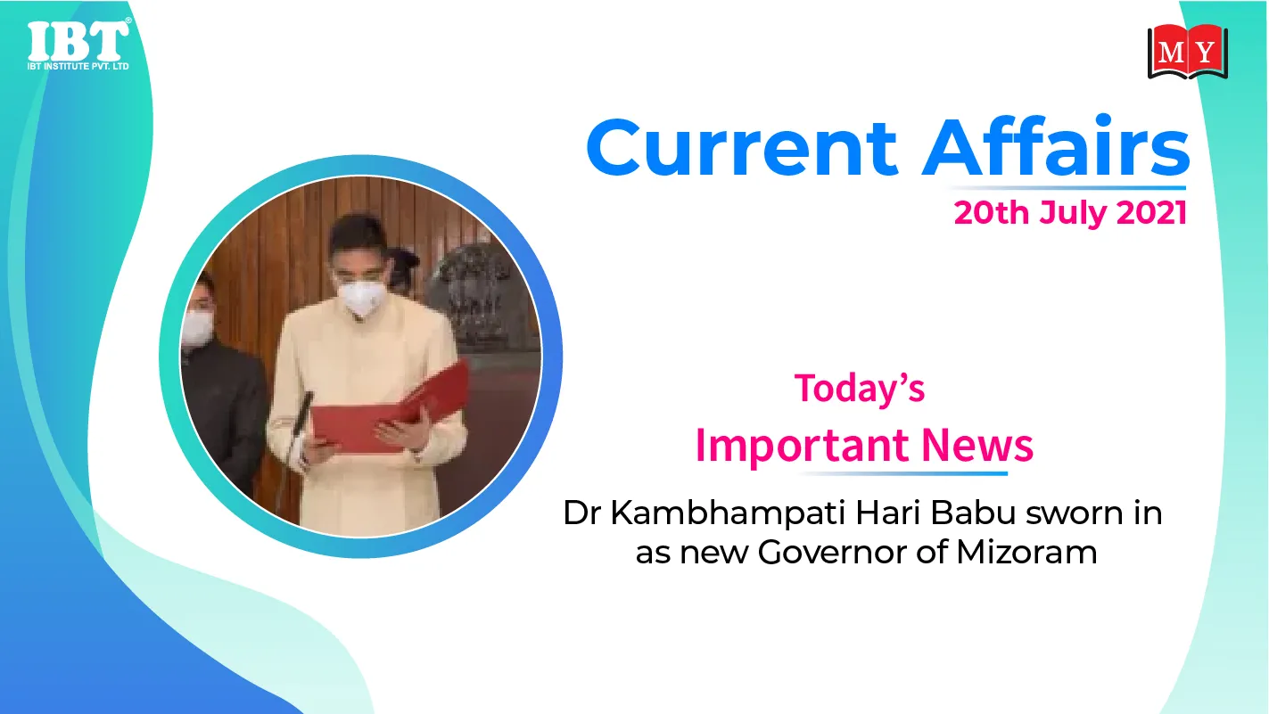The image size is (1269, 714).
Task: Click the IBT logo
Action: click(78, 45)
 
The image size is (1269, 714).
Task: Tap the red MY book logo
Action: click(1188, 52)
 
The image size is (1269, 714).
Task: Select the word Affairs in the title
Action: click(1056, 145)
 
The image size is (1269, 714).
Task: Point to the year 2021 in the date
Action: click(1151, 213)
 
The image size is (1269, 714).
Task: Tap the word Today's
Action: click(860, 389)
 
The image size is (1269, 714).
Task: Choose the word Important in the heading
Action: click(804, 447)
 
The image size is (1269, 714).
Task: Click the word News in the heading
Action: click(977, 445)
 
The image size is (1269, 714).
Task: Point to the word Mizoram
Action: click(1026, 552)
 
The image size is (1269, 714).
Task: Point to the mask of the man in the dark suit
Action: click(196, 328)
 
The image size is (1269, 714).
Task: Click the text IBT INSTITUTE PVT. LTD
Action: click(78, 66)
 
